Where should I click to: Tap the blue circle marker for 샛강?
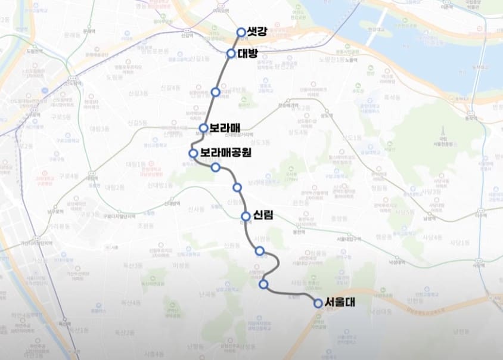coord(241,32)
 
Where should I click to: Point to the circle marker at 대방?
coord(231,54)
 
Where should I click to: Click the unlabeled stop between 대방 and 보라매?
coord(216,92)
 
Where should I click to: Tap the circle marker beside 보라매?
coord(204,128)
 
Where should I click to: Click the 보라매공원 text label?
coord(226,153)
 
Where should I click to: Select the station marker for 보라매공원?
coord(192,153)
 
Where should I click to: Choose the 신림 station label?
coord(263,215)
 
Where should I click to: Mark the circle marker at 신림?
coord(246,216)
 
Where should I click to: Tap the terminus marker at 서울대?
coord(318,303)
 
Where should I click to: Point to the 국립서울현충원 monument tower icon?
coord(443,131)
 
